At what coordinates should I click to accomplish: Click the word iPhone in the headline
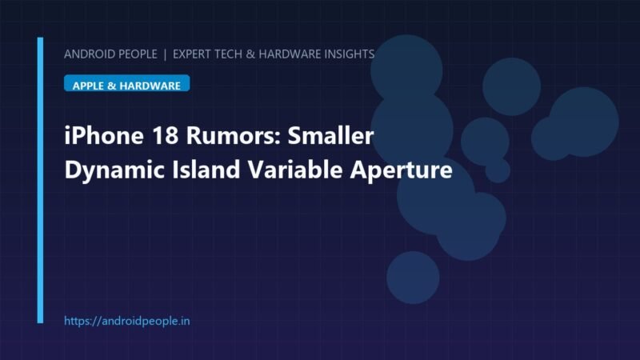point(104,135)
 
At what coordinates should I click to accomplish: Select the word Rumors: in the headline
point(233,135)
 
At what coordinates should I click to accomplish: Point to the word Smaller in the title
point(330,135)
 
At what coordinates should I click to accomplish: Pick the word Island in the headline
point(206,170)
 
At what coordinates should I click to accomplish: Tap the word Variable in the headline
point(295,170)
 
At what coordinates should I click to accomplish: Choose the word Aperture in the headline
point(402,170)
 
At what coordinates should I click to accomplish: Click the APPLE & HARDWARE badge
point(126,83)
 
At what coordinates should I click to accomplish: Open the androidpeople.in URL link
point(127,321)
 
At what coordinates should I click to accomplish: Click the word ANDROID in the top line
point(86,54)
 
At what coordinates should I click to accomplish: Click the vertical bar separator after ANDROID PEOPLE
point(165,54)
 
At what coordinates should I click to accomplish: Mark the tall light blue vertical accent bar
point(40,181)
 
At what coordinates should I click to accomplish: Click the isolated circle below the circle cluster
point(413,278)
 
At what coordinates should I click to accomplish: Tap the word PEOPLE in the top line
point(135,54)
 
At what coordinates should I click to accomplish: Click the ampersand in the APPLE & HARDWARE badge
point(111,86)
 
